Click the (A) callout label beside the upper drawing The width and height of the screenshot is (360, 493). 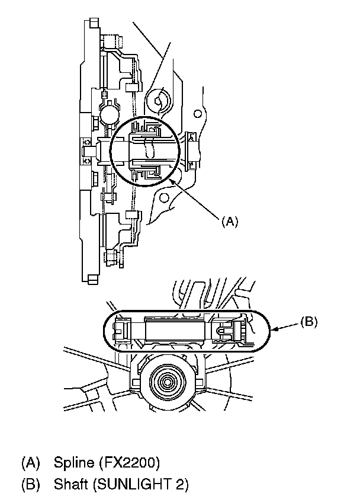coord(230,222)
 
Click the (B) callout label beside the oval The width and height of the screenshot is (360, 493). coord(309,322)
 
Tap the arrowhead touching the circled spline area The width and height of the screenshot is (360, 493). coord(171,181)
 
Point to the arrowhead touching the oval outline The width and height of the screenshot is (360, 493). coord(274,329)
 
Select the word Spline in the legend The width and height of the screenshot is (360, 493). coord(74,463)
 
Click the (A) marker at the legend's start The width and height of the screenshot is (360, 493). coord(31,463)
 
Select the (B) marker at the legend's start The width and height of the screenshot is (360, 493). coord(31,484)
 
